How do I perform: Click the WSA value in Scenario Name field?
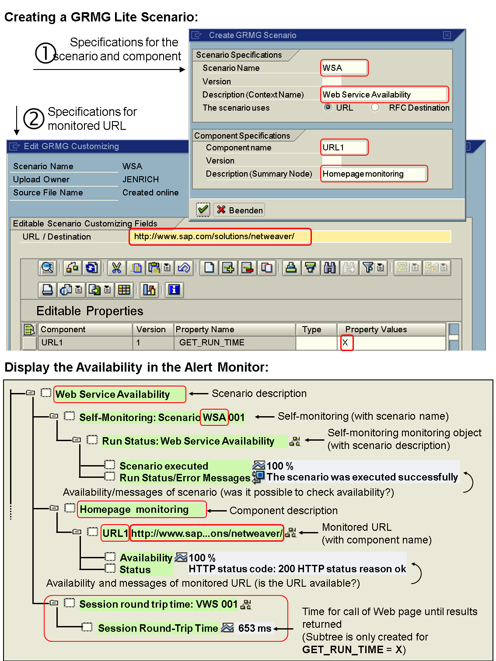(x=344, y=68)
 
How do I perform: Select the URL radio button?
(x=328, y=108)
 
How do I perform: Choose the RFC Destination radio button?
(x=375, y=108)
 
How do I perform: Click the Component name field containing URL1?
(x=344, y=147)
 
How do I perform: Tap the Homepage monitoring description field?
(x=374, y=174)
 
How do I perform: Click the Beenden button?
(x=240, y=210)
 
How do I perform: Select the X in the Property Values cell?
(x=346, y=343)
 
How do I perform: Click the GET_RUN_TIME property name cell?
(x=212, y=343)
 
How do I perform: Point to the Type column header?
(x=311, y=330)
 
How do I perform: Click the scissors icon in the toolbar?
(x=116, y=268)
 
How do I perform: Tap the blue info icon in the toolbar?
(x=174, y=289)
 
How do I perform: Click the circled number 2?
(x=34, y=118)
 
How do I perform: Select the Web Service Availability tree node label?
(x=113, y=394)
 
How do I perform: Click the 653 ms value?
(x=255, y=628)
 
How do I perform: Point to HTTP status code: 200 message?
(x=297, y=569)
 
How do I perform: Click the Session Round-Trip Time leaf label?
(x=158, y=628)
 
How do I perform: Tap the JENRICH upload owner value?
(x=140, y=179)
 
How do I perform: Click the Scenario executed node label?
(x=164, y=466)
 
